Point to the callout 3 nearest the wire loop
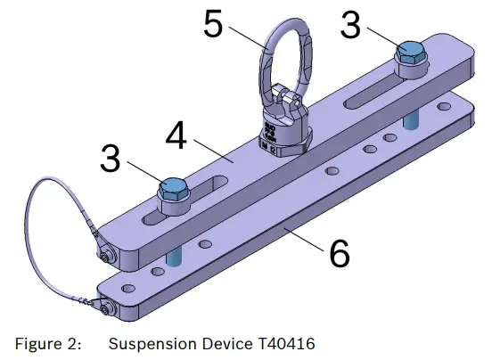coord(111,160)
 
